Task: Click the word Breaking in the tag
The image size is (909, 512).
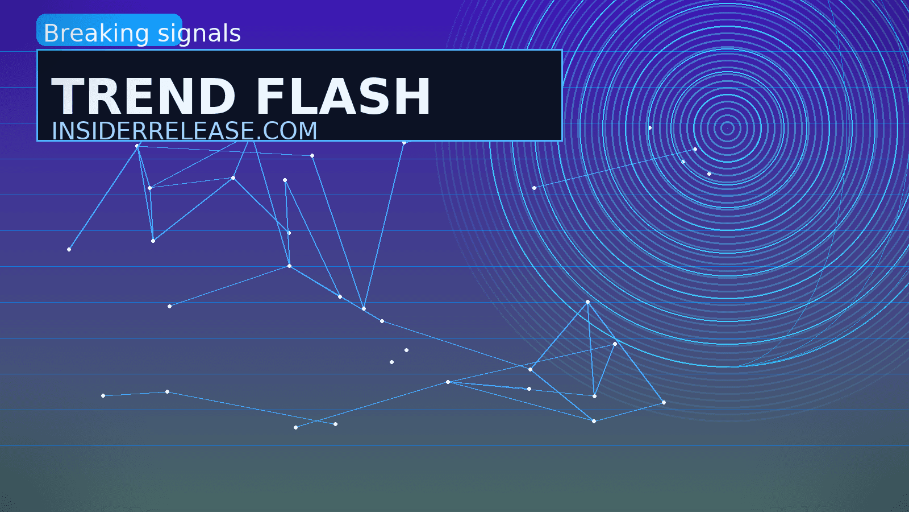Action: tap(96, 34)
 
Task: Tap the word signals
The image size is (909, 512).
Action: tap(199, 34)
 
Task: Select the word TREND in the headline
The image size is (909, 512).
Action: tap(143, 96)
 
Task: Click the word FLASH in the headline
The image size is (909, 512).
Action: tap(343, 96)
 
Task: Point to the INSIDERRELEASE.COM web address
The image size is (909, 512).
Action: tap(184, 130)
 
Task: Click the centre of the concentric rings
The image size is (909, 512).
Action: tap(728, 129)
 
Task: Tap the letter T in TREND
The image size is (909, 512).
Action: tap(68, 96)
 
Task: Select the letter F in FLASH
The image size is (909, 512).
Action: tap(270, 96)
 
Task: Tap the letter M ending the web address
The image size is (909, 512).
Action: tap(307, 130)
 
